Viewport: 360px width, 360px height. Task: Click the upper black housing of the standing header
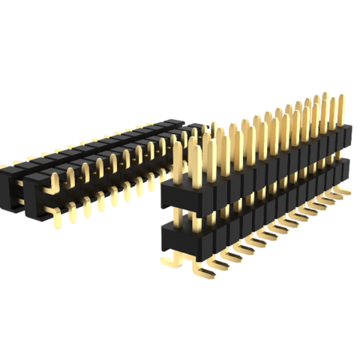(x=247, y=180)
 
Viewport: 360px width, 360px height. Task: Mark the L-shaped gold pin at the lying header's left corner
(x=55, y=180)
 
